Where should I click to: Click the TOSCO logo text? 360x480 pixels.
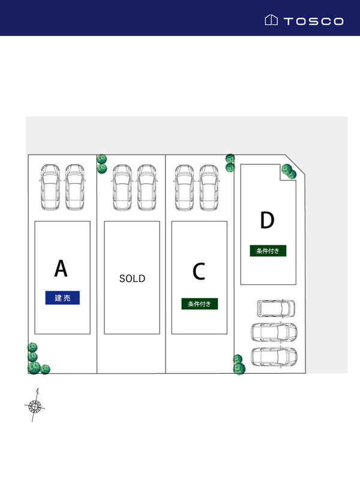pyautogui.click(x=313, y=21)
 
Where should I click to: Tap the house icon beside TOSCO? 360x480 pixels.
pyautogui.click(x=271, y=20)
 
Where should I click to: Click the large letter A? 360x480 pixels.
pyautogui.click(x=61, y=269)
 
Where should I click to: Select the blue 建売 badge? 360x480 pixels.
pyautogui.click(x=62, y=298)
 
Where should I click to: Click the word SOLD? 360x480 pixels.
pyautogui.click(x=132, y=279)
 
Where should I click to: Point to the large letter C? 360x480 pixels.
pyautogui.click(x=199, y=272)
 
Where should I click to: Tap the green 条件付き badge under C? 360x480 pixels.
pyautogui.click(x=200, y=304)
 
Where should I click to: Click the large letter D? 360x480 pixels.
pyautogui.click(x=267, y=221)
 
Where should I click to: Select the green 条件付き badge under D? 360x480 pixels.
pyautogui.click(x=268, y=251)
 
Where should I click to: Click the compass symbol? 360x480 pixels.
pyautogui.click(x=35, y=406)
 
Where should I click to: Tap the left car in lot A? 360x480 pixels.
pyautogui.click(x=49, y=187)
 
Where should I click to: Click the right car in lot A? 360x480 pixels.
pyautogui.click(x=74, y=187)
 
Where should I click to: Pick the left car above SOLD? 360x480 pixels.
pyautogui.click(x=122, y=187)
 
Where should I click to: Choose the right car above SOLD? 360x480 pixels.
pyautogui.click(x=147, y=187)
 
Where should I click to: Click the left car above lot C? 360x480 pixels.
pyautogui.click(x=184, y=187)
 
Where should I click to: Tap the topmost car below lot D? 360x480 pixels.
pyautogui.click(x=277, y=308)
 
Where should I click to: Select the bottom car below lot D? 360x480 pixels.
pyautogui.click(x=274, y=356)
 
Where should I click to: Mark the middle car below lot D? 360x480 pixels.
pyautogui.click(x=274, y=332)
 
